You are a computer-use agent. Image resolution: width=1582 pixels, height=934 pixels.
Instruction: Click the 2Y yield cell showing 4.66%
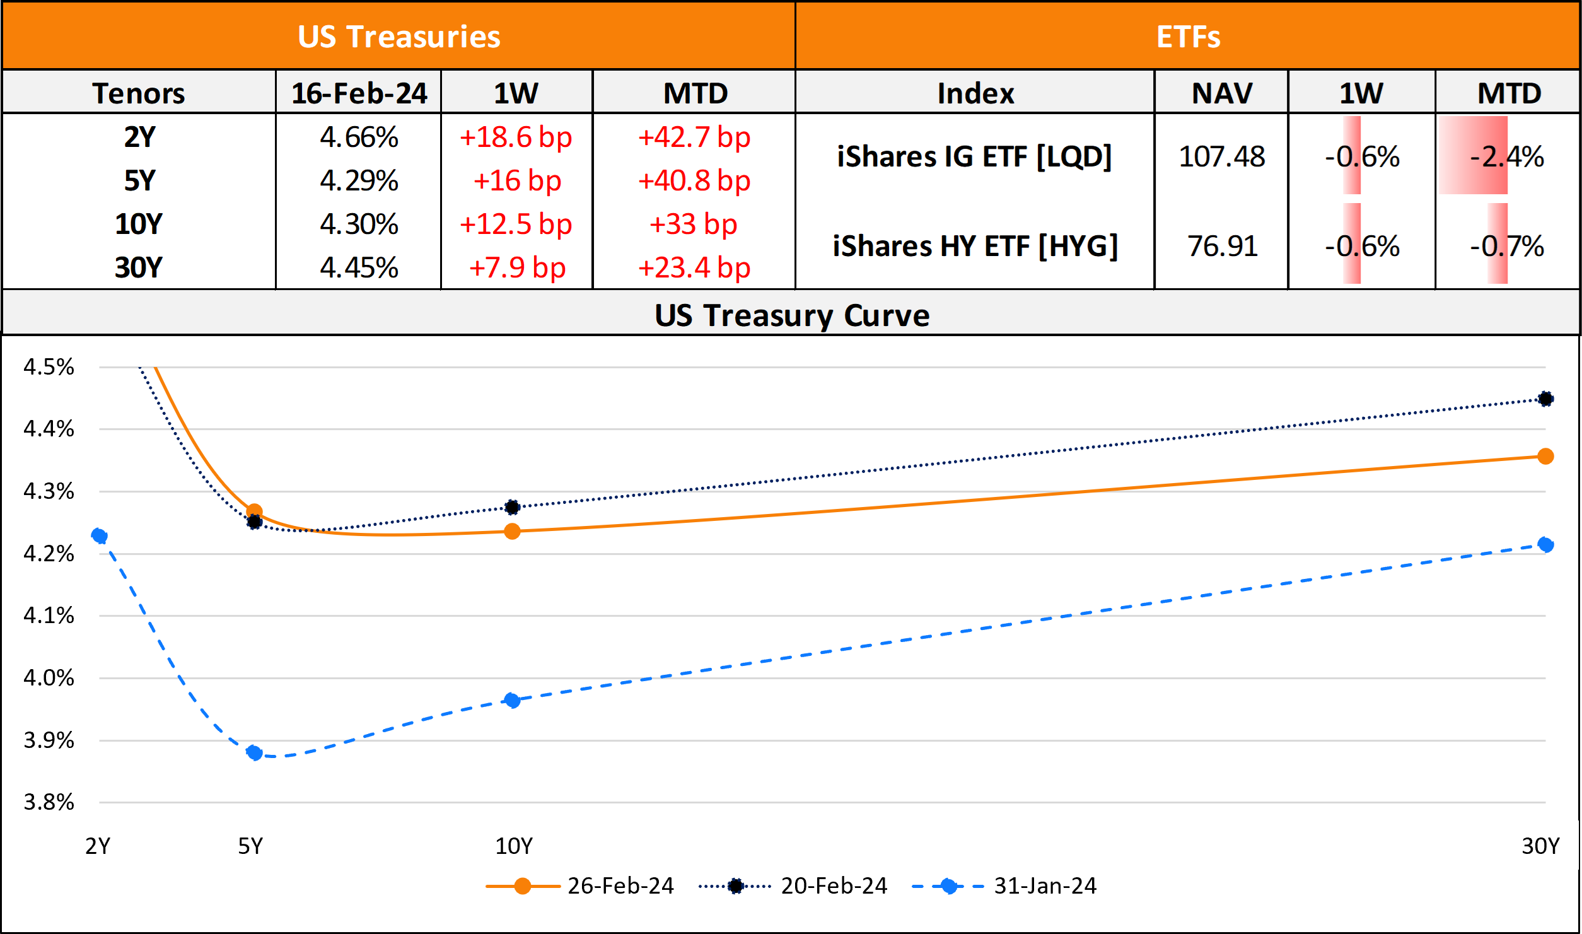click(359, 137)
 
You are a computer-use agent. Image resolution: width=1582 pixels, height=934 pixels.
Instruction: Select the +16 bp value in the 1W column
click(517, 181)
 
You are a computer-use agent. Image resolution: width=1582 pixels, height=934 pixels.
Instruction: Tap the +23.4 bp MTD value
click(694, 268)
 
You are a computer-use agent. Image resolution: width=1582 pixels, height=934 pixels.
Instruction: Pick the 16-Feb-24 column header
click(359, 93)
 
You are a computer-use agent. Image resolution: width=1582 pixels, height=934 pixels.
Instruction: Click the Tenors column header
click(139, 93)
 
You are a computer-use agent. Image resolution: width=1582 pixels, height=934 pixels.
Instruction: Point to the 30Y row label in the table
click(139, 268)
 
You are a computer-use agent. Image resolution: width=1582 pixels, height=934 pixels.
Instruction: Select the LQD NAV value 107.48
click(1221, 156)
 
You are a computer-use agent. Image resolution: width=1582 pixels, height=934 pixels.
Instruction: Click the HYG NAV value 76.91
click(1222, 246)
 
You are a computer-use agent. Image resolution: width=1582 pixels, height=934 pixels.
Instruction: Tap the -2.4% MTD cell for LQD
click(1507, 156)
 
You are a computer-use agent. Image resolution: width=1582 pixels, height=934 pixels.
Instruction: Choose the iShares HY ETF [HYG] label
click(975, 246)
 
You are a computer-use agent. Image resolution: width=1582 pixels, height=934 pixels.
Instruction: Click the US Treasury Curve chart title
click(791, 315)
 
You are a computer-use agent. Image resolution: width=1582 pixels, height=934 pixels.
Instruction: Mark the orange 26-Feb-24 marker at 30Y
click(1545, 456)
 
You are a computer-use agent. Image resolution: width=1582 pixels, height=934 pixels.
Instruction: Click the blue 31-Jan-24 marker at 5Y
click(255, 752)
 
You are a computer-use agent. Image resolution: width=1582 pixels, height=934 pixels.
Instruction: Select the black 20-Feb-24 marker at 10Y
click(513, 507)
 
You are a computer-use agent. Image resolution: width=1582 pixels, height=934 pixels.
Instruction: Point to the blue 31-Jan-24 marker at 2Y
click(99, 536)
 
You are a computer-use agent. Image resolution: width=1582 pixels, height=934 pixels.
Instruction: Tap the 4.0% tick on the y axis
click(49, 678)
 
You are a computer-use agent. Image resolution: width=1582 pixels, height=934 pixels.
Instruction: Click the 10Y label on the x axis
click(513, 846)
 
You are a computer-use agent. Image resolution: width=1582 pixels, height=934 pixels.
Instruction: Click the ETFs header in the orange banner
click(1188, 37)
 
